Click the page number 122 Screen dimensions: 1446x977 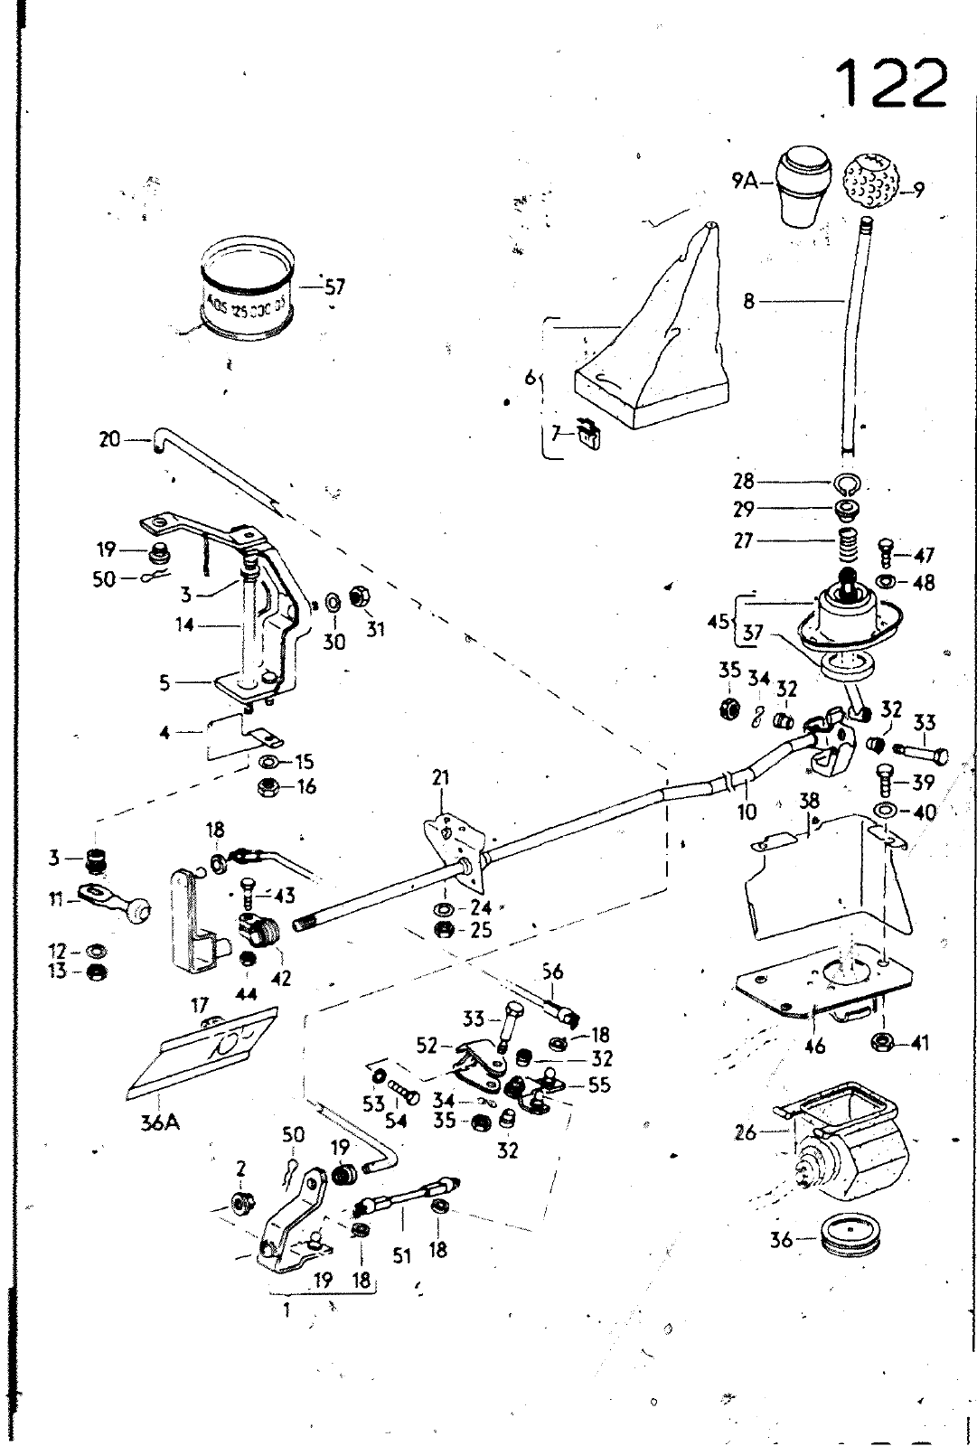(889, 83)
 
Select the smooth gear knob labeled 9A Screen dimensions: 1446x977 (804, 189)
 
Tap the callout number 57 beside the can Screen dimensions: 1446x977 (334, 287)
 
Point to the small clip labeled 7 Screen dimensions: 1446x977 (589, 437)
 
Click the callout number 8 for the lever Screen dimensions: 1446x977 (748, 301)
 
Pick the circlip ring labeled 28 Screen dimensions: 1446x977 (848, 481)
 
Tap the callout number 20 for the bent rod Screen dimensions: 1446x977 (109, 441)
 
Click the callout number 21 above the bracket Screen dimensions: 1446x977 (440, 777)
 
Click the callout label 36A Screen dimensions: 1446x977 (159, 1123)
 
